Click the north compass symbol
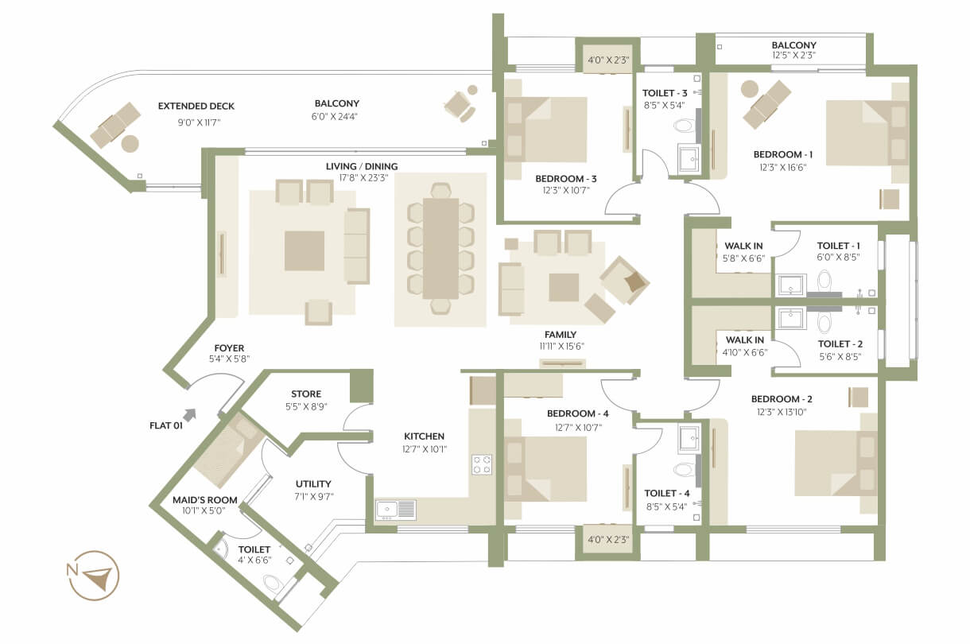pos(93,576)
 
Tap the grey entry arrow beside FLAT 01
pos(190,415)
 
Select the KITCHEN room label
pos(424,436)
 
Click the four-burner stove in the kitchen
pos(482,464)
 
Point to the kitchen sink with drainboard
pos(396,510)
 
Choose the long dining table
pos(440,248)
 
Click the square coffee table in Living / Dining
pos(304,250)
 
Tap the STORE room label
pos(306,394)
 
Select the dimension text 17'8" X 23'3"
pos(363,177)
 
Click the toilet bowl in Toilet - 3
pos(684,126)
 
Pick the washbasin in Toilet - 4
pos(689,438)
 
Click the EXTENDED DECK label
pos(196,106)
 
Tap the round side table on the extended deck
pos(130,143)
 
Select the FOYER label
pos(229,347)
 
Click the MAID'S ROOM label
pos(205,500)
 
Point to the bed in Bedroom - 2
pos(836,463)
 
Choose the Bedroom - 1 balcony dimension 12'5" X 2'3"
pos(793,55)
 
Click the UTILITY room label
pos(313,483)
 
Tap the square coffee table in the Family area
pos(564,287)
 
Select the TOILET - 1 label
pos(838,246)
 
